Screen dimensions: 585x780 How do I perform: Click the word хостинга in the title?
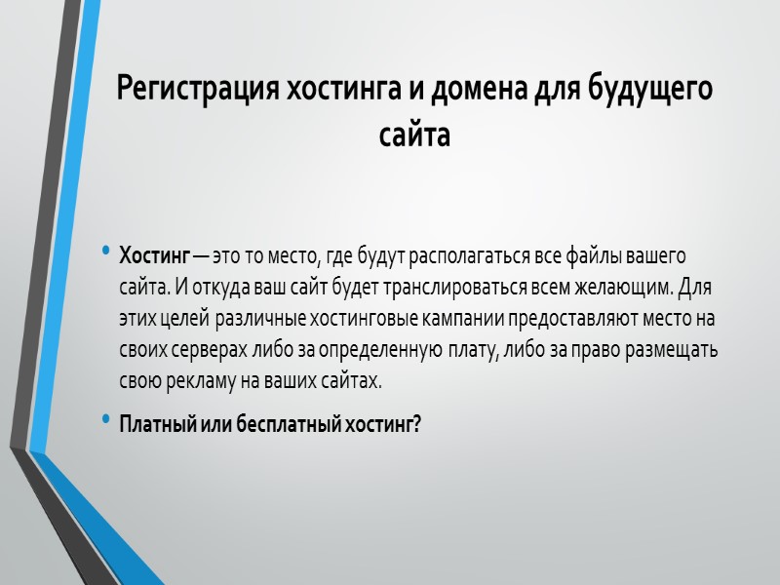point(336,91)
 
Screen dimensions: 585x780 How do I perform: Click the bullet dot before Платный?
point(105,420)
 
